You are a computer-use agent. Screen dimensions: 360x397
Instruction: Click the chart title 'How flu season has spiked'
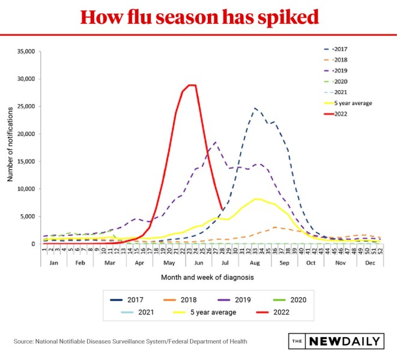click(198, 17)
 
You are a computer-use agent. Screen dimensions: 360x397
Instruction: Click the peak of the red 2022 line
click(192, 85)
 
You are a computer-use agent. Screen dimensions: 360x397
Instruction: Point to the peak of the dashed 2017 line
click(255, 109)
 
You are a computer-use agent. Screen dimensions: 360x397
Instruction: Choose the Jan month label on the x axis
click(53, 262)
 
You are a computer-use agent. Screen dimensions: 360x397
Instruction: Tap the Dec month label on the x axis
click(370, 262)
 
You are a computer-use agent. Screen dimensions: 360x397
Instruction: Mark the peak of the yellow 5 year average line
click(257, 199)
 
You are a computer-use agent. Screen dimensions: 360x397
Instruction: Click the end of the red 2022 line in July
click(223, 209)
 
